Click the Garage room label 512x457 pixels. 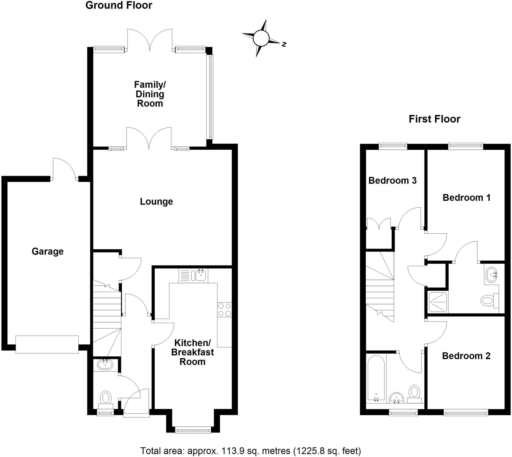pos(47,251)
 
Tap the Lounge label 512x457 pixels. pos(156,201)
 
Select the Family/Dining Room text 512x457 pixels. pos(150,94)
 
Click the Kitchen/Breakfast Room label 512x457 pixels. pos(192,352)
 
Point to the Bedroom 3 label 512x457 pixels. pos(392,180)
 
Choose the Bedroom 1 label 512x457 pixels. pos(466,198)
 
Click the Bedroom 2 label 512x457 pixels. pos(466,356)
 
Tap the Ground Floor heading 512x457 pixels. pos(118,5)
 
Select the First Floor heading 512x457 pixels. pos(434,119)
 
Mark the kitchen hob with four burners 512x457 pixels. pos(224,310)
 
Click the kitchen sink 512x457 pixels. pos(200,275)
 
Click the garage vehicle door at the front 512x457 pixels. pos(47,345)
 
